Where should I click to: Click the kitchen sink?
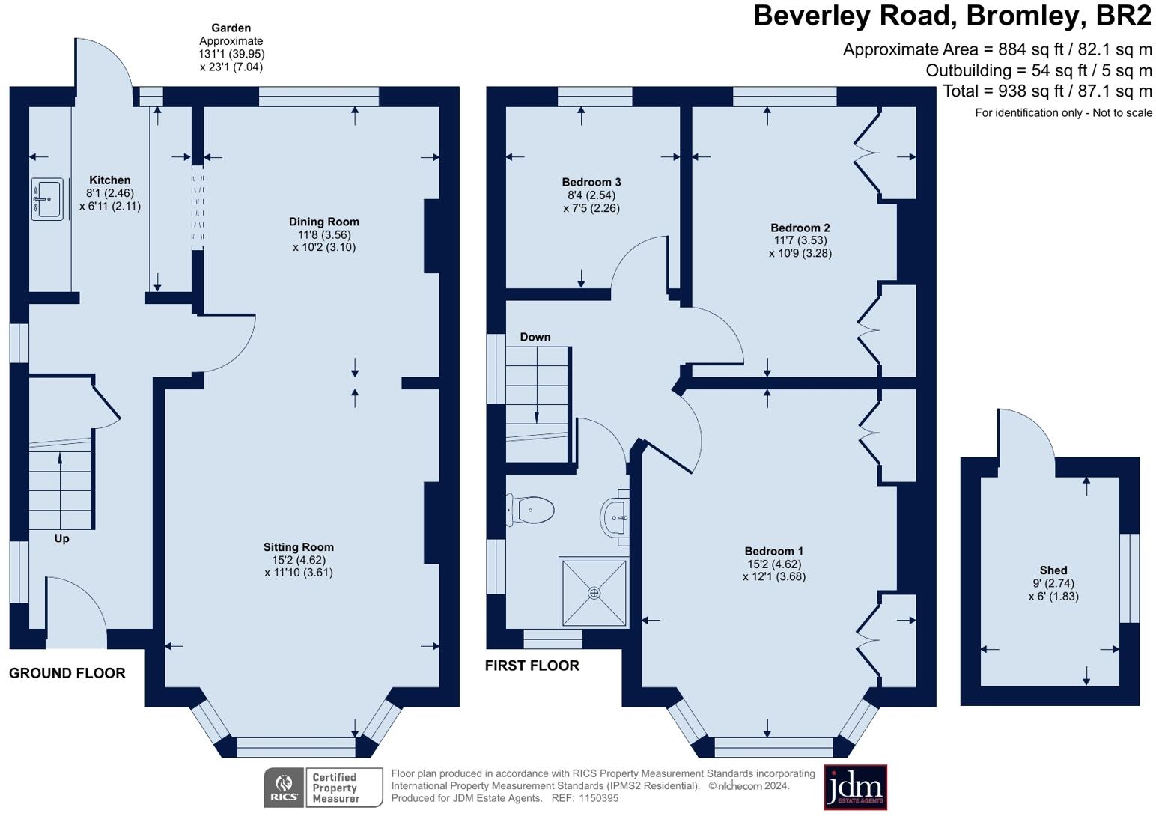pos(48,199)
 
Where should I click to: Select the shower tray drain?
pos(594,593)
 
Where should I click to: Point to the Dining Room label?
pos(324,222)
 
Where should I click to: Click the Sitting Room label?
pos(298,547)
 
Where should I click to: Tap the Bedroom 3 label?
pos(591,182)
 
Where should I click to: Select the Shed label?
pos(1053,570)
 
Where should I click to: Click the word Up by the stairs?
pos(61,538)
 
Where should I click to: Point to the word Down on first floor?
pos(535,337)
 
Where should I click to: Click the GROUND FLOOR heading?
pos(67,673)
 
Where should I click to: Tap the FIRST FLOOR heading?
pos(532,666)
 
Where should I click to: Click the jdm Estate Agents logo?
pos(855,787)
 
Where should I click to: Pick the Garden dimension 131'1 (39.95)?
pos(231,54)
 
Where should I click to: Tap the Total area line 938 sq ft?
pos(1047,91)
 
